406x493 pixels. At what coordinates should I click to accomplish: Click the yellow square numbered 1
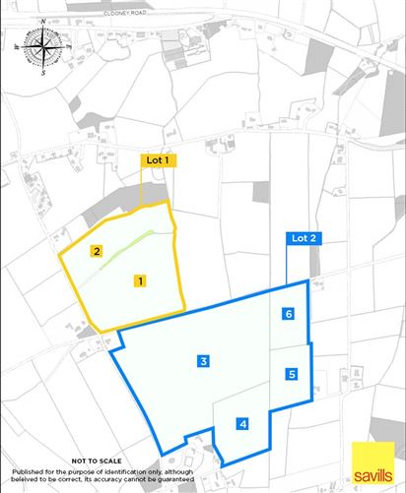click(141, 280)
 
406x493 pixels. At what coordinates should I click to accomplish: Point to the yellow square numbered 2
click(97, 251)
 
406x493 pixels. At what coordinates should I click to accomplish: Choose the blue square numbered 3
click(202, 361)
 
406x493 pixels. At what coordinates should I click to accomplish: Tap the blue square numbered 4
click(242, 424)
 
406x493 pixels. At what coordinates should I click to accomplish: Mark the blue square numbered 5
click(292, 374)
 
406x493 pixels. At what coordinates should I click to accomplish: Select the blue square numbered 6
click(288, 314)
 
